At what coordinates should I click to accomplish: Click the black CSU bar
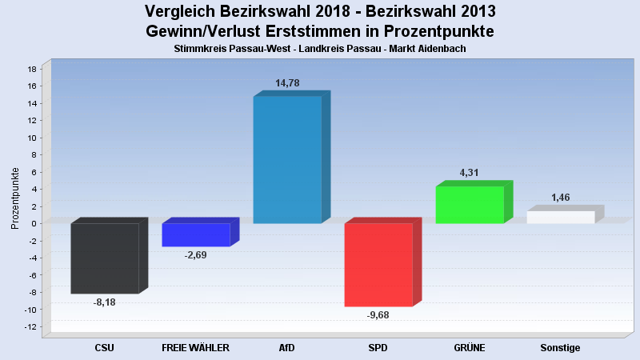[105, 258]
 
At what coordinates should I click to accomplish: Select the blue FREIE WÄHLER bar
[196, 234]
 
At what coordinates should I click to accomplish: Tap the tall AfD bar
[287, 159]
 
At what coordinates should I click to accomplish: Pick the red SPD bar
[378, 265]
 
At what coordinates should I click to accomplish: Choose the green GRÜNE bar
[470, 205]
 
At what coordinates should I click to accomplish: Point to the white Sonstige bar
[561, 217]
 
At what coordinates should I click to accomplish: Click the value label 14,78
[287, 83]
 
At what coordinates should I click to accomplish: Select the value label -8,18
[105, 302]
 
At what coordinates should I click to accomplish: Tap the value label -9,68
[378, 315]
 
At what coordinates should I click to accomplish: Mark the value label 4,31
[470, 173]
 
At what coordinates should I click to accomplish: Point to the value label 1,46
[561, 198]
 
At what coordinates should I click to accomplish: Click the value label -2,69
[195, 255]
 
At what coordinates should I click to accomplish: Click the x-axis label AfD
[287, 348]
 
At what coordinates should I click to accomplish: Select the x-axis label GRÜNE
[470, 348]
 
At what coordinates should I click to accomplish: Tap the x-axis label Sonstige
[560, 348]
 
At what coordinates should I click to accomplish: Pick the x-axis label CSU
[105, 348]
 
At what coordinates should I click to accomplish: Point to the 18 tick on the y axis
[33, 69]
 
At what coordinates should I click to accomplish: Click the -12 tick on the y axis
[31, 326]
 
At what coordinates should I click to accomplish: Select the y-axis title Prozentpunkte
[15, 198]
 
